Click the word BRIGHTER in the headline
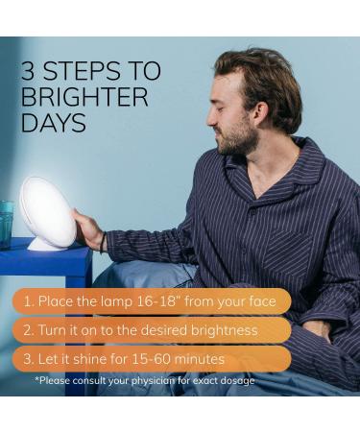point(84,97)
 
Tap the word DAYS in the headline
point(54,123)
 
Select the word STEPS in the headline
point(81,71)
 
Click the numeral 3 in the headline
point(28,71)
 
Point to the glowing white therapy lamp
point(48,214)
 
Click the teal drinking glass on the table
point(7,224)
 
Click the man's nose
point(211,120)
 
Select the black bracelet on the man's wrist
point(103,242)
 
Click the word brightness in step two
point(225,330)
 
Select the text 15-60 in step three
point(151,359)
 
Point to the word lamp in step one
point(116,301)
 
